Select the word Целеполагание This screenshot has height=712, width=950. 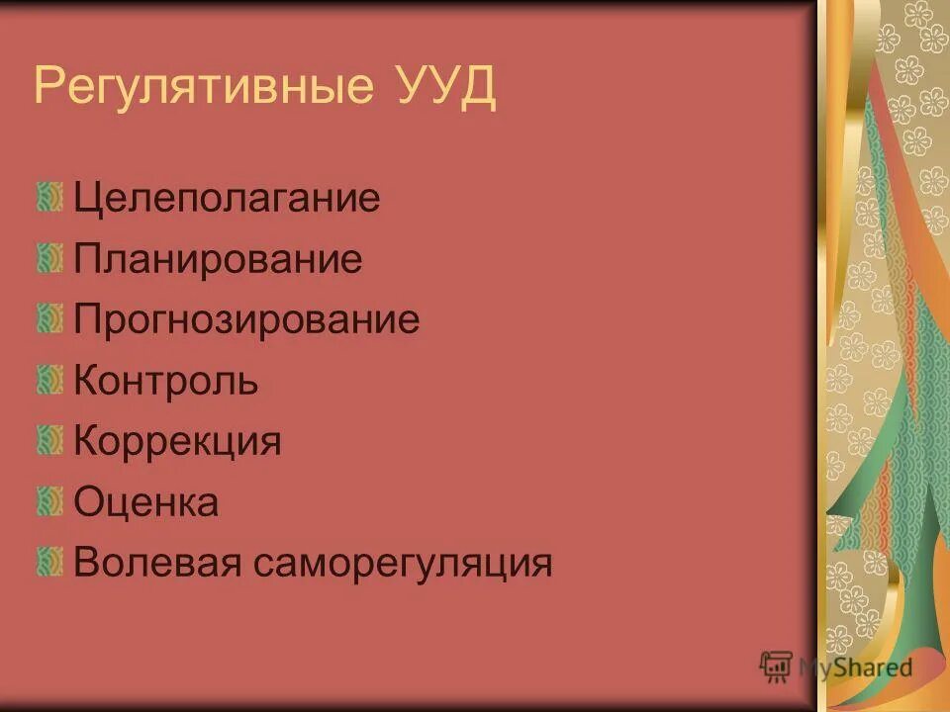click(227, 199)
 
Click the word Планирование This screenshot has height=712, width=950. click(218, 259)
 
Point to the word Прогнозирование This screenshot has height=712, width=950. click(246, 319)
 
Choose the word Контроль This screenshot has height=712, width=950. click(166, 381)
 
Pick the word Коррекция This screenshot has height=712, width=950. click(178, 441)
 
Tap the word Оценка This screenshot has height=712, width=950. click(146, 502)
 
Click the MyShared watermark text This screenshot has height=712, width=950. click(855, 667)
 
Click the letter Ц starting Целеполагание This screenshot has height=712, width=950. click(86, 199)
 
